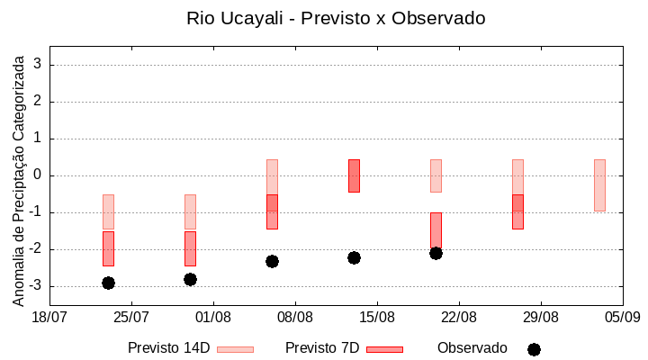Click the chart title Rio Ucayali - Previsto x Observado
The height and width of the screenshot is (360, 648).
click(x=336, y=18)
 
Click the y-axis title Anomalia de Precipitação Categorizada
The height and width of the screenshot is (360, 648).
click(x=18, y=179)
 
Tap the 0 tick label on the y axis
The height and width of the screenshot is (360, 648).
click(x=38, y=175)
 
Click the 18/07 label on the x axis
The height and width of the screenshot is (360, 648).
click(x=49, y=317)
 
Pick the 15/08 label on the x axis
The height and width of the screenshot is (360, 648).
click(x=377, y=317)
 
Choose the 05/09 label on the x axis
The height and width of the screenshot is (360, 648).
click(x=622, y=317)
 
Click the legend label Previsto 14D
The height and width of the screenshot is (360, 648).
click(x=168, y=347)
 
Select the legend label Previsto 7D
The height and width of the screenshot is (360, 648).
click(x=321, y=347)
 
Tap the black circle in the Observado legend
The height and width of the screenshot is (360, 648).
click(x=534, y=349)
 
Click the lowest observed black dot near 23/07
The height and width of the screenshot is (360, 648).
click(x=108, y=283)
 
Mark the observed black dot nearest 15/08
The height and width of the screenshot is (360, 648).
click(x=354, y=257)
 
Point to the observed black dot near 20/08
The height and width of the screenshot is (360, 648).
click(x=436, y=253)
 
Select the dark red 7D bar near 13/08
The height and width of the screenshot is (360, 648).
click(x=354, y=175)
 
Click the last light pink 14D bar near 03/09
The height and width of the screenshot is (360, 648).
click(x=599, y=184)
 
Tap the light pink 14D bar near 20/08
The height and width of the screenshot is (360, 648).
click(x=436, y=175)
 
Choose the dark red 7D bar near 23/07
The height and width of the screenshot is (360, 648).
click(x=108, y=248)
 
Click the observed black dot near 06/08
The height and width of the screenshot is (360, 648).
click(x=272, y=261)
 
